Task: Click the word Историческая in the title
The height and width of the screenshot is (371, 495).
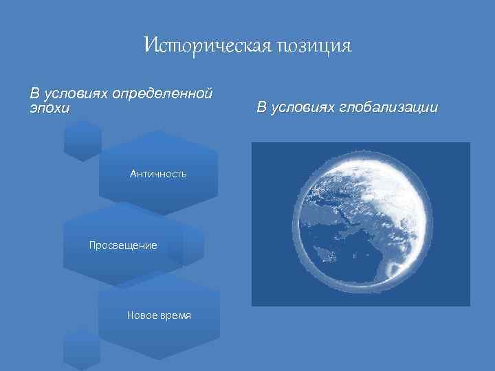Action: click(x=207, y=46)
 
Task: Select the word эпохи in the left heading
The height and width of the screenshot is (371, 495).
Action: click(x=49, y=108)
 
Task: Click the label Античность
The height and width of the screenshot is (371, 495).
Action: click(x=158, y=174)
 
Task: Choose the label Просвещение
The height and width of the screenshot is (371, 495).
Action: click(x=123, y=245)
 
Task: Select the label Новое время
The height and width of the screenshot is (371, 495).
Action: click(x=159, y=315)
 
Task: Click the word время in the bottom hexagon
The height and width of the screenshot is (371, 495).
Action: click(x=175, y=315)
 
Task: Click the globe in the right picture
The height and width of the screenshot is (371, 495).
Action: click(x=360, y=224)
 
